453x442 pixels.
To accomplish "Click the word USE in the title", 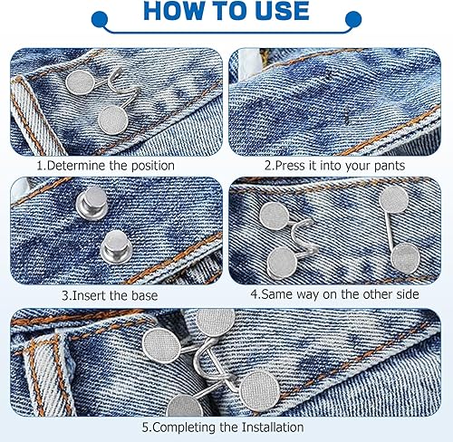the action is (x=283, y=11).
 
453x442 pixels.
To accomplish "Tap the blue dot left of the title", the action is (x=100, y=20).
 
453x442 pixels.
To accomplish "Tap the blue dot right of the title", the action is (x=353, y=20).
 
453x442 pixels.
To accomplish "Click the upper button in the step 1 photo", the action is (x=80, y=82).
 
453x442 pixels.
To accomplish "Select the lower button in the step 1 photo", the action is (x=113, y=120).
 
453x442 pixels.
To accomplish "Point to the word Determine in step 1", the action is (x=77, y=166).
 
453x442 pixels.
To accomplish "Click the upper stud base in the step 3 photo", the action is (x=92, y=203).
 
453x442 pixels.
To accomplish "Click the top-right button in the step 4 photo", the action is (x=394, y=199).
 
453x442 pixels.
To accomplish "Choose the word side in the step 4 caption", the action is (x=408, y=294).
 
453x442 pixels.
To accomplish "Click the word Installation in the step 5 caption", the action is (x=273, y=428).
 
